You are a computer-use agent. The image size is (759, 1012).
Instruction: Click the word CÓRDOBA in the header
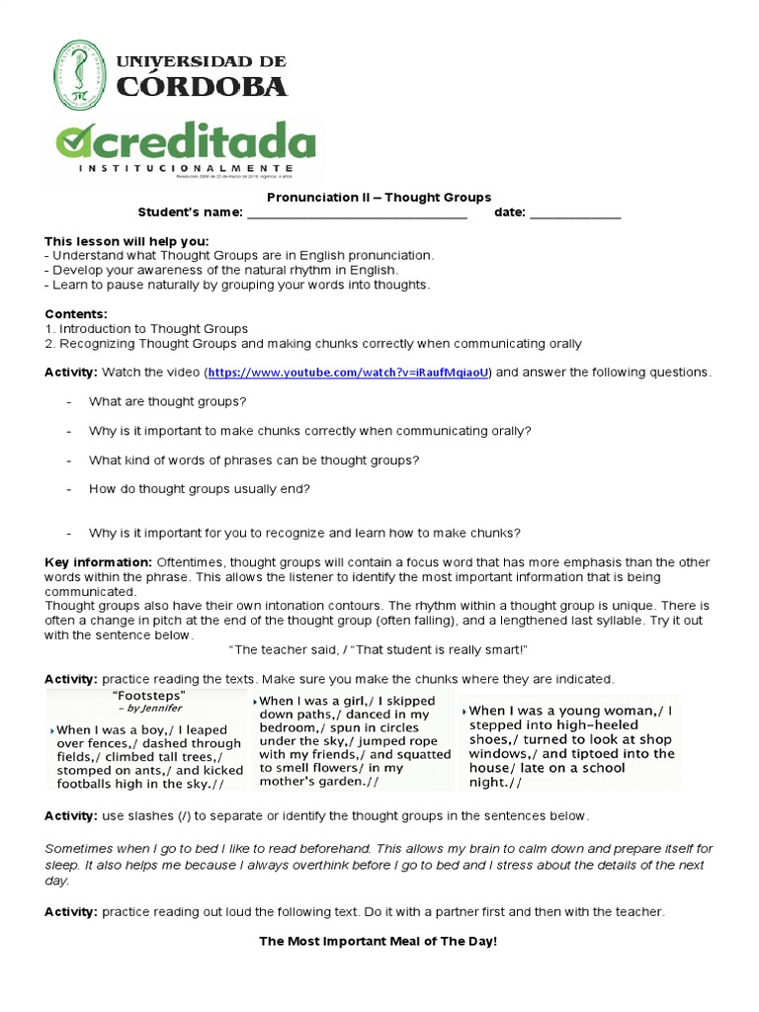click(x=203, y=87)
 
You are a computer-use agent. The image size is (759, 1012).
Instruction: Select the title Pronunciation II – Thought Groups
click(x=379, y=198)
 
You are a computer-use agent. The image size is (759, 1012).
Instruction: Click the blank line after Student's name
click(x=356, y=215)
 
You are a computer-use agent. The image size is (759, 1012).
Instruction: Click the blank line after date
click(x=575, y=215)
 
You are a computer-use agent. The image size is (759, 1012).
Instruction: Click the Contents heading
click(x=76, y=314)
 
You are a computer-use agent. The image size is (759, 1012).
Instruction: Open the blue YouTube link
click(x=348, y=373)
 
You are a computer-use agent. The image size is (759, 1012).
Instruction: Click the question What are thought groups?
click(x=168, y=402)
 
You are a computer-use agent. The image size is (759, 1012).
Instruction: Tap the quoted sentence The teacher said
click(x=379, y=649)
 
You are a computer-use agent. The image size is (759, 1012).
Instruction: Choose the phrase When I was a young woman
click(x=562, y=711)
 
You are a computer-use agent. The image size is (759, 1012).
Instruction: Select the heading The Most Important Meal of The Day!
click(x=379, y=942)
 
